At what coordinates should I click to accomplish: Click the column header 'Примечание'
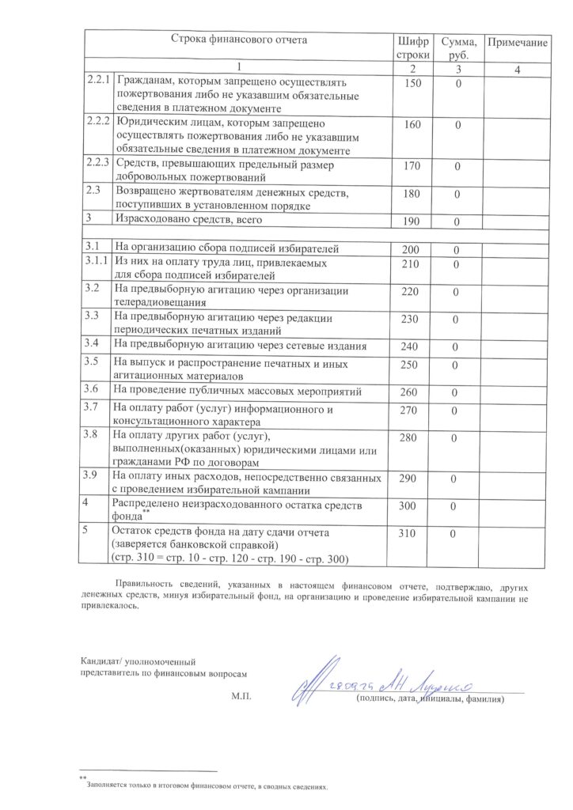click(x=517, y=40)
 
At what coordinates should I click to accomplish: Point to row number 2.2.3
click(x=98, y=162)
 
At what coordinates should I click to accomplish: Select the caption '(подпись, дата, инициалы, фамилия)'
click(x=430, y=700)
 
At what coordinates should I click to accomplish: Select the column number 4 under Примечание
click(x=517, y=70)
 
